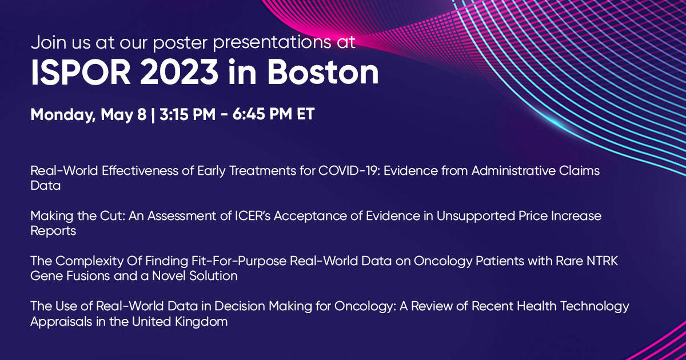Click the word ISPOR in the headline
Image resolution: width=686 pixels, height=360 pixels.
pyautogui.click(x=81, y=72)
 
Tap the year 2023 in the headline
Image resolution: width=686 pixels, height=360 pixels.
pyautogui.click(x=179, y=72)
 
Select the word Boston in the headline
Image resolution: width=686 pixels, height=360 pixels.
pyautogui.click(x=323, y=72)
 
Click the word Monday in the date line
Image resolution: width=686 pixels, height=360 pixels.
pyautogui.click(x=63, y=115)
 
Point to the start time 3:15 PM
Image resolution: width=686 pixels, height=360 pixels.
pyautogui.click(x=188, y=114)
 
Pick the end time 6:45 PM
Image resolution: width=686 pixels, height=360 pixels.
pyautogui.click(x=262, y=114)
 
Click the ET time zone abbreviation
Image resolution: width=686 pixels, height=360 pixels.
pyautogui.click(x=306, y=114)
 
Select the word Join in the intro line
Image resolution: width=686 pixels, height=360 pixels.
pyautogui.click(x=49, y=42)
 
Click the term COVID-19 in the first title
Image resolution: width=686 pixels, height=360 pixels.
pyautogui.click(x=349, y=171)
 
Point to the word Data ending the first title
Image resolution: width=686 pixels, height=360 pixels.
pyautogui.click(x=45, y=186)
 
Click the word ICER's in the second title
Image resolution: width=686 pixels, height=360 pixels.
pyautogui.click(x=252, y=216)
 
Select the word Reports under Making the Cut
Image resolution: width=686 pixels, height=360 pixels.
pyautogui.click(x=53, y=231)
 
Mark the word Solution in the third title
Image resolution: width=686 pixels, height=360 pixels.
pyautogui.click(x=213, y=276)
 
